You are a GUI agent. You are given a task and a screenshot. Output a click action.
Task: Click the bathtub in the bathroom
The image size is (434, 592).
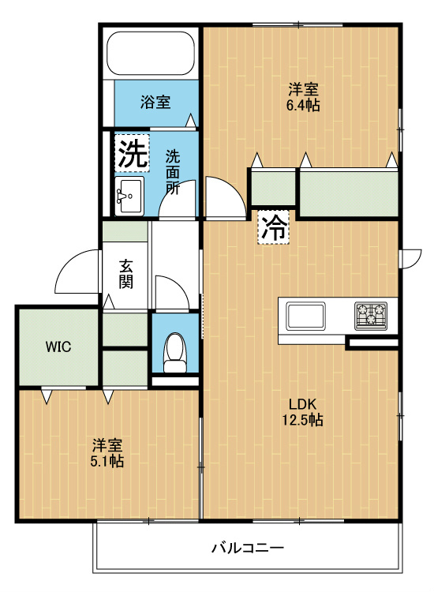click(x=150, y=54)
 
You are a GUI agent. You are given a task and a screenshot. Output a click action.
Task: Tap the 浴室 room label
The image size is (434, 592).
click(x=155, y=102)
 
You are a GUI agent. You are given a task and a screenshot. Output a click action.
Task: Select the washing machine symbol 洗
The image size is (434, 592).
click(x=132, y=154)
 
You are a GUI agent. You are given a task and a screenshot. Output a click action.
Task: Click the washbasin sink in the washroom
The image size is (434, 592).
click(x=129, y=196)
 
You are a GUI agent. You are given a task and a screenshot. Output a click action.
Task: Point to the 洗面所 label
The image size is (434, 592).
click(x=173, y=172)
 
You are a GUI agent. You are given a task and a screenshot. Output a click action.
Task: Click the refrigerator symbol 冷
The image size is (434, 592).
click(x=274, y=227)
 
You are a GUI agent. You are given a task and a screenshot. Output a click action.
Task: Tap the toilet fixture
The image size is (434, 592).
click(x=174, y=353)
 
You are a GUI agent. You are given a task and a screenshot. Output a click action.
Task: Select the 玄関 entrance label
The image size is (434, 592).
click(x=125, y=275)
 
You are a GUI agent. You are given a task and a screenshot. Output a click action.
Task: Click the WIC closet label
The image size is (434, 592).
click(x=58, y=347)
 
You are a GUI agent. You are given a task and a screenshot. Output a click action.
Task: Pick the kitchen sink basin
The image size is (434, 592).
click(x=305, y=316)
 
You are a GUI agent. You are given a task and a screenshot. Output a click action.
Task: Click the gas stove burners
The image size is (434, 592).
click(x=371, y=316)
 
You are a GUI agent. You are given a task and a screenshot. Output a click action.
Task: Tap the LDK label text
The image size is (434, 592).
click(x=302, y=404)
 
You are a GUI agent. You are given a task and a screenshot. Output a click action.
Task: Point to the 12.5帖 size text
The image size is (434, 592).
click(x=303, y=419)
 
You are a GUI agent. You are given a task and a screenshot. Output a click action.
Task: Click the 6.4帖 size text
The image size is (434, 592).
click(x=303, y=105)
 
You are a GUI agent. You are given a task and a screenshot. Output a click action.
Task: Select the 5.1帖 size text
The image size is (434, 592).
click(x=107, y=461)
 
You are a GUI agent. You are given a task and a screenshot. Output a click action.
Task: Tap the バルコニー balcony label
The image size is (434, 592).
click(x=248, y=548)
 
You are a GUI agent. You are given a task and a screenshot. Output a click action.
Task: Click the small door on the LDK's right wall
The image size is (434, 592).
click(x=411, y=259)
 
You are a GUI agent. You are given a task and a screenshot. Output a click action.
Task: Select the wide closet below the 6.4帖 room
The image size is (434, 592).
click(x=349, y=194)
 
